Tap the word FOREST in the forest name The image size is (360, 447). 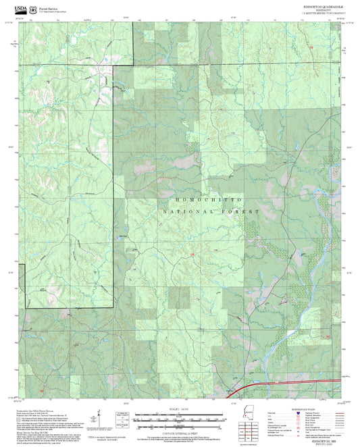[x=245, y=211]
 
